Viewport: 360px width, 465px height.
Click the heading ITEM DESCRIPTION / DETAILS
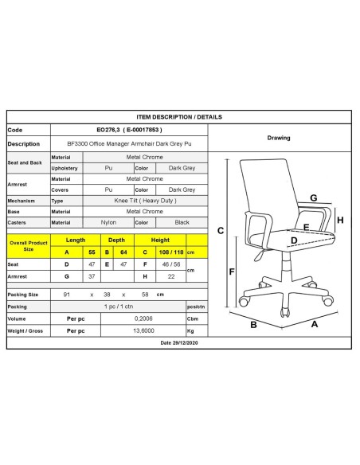(179, 116)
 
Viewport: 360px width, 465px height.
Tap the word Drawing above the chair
(279, 137)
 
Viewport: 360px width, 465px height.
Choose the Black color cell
(182, 222)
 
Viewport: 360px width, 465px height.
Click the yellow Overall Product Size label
(29, 244)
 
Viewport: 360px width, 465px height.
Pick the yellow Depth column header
(116, 239)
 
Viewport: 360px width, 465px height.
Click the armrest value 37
(93, 275)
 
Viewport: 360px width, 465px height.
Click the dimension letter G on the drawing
(314, 197)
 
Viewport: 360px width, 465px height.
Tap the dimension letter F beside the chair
(231, 272)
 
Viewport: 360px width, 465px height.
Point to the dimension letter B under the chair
(252, 324)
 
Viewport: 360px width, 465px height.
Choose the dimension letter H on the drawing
(340, 221)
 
